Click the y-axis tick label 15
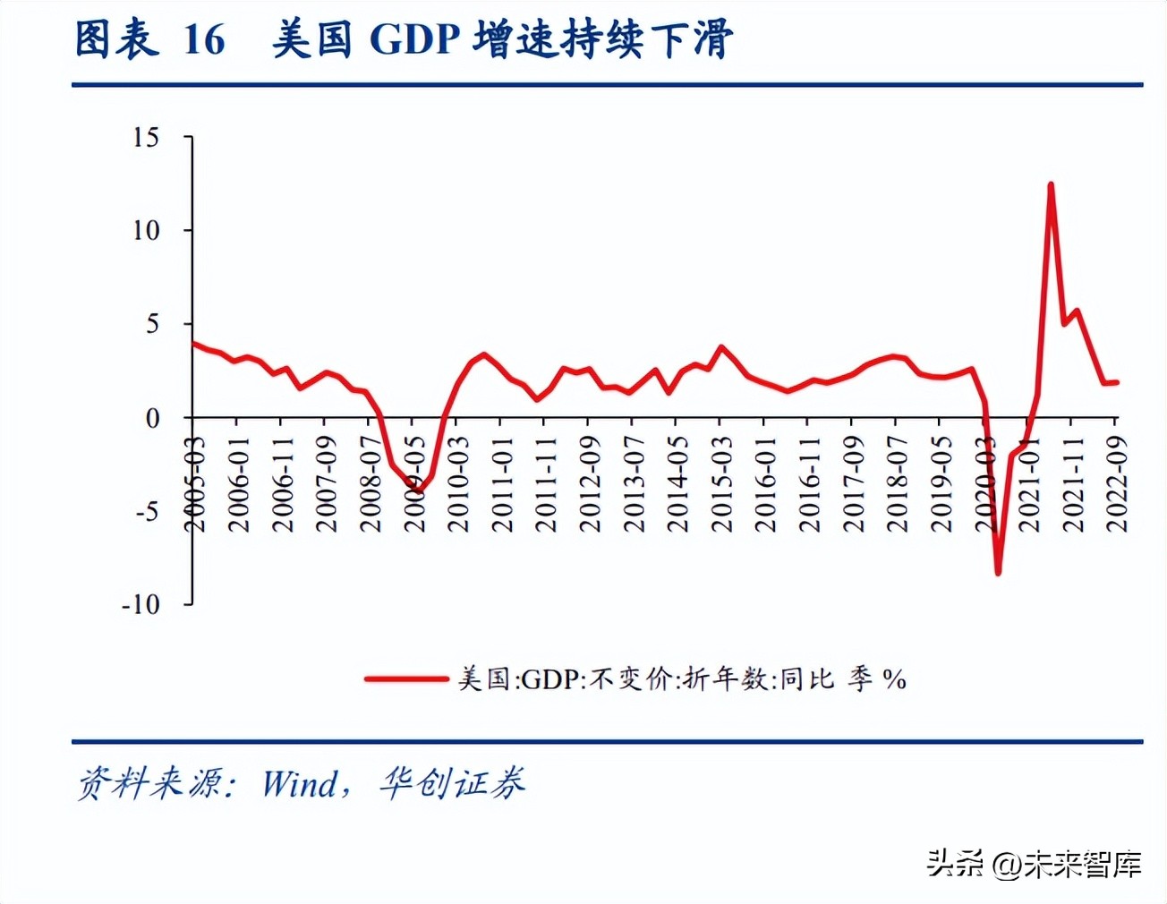tap(146, 137)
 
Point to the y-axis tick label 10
tap(146, 231)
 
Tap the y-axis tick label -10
tap(141, 605)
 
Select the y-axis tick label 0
tap(152, 418)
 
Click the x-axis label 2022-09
tap(1116, 484)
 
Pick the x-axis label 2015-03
tap(721, 484)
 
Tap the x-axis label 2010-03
tap(458, 484)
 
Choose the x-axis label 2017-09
tap(853, 484)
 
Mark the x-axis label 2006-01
tap(238, 484)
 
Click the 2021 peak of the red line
tap(1051, 184)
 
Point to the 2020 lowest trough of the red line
tap(998, 573)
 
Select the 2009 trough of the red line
tap(418, 490)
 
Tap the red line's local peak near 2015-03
tap(721, 346)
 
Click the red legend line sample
tap(406, 679)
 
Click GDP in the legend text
tap(550, 679)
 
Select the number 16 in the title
tap(204, 40)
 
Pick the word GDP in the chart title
tap(414, 40)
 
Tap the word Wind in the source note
tap(300, 784)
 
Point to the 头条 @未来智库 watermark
tap(1034, 864)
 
